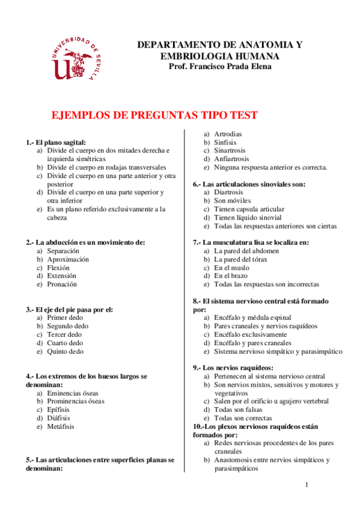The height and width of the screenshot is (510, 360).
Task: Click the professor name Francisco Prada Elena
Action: [221, 66]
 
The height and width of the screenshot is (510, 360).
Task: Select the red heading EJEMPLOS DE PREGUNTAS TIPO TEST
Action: [155, 115]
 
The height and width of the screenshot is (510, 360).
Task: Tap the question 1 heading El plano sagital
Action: [60, 142]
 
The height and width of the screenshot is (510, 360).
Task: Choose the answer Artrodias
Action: [228, 134]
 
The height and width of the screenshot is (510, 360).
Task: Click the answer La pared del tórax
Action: [240, 259]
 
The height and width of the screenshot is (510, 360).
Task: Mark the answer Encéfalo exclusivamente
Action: [250, 334]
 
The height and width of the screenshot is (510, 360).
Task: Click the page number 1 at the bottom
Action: [307, 485]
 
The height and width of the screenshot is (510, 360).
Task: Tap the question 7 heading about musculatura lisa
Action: [251, 242]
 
